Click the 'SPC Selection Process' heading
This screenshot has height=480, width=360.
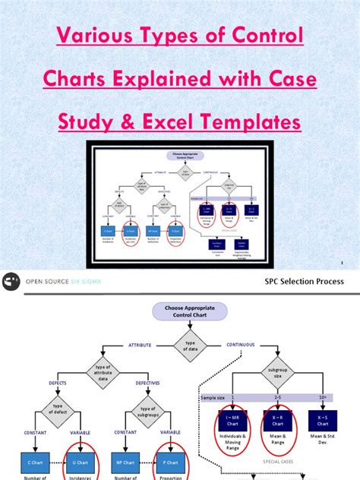pos(304,281)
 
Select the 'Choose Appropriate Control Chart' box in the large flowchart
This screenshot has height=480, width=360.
pos(180,311)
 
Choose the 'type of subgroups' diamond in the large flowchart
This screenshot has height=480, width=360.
pos(148,412)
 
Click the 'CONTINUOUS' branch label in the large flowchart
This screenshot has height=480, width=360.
pos(241,345)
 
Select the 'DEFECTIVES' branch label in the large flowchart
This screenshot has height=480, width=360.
pos(147,383)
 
